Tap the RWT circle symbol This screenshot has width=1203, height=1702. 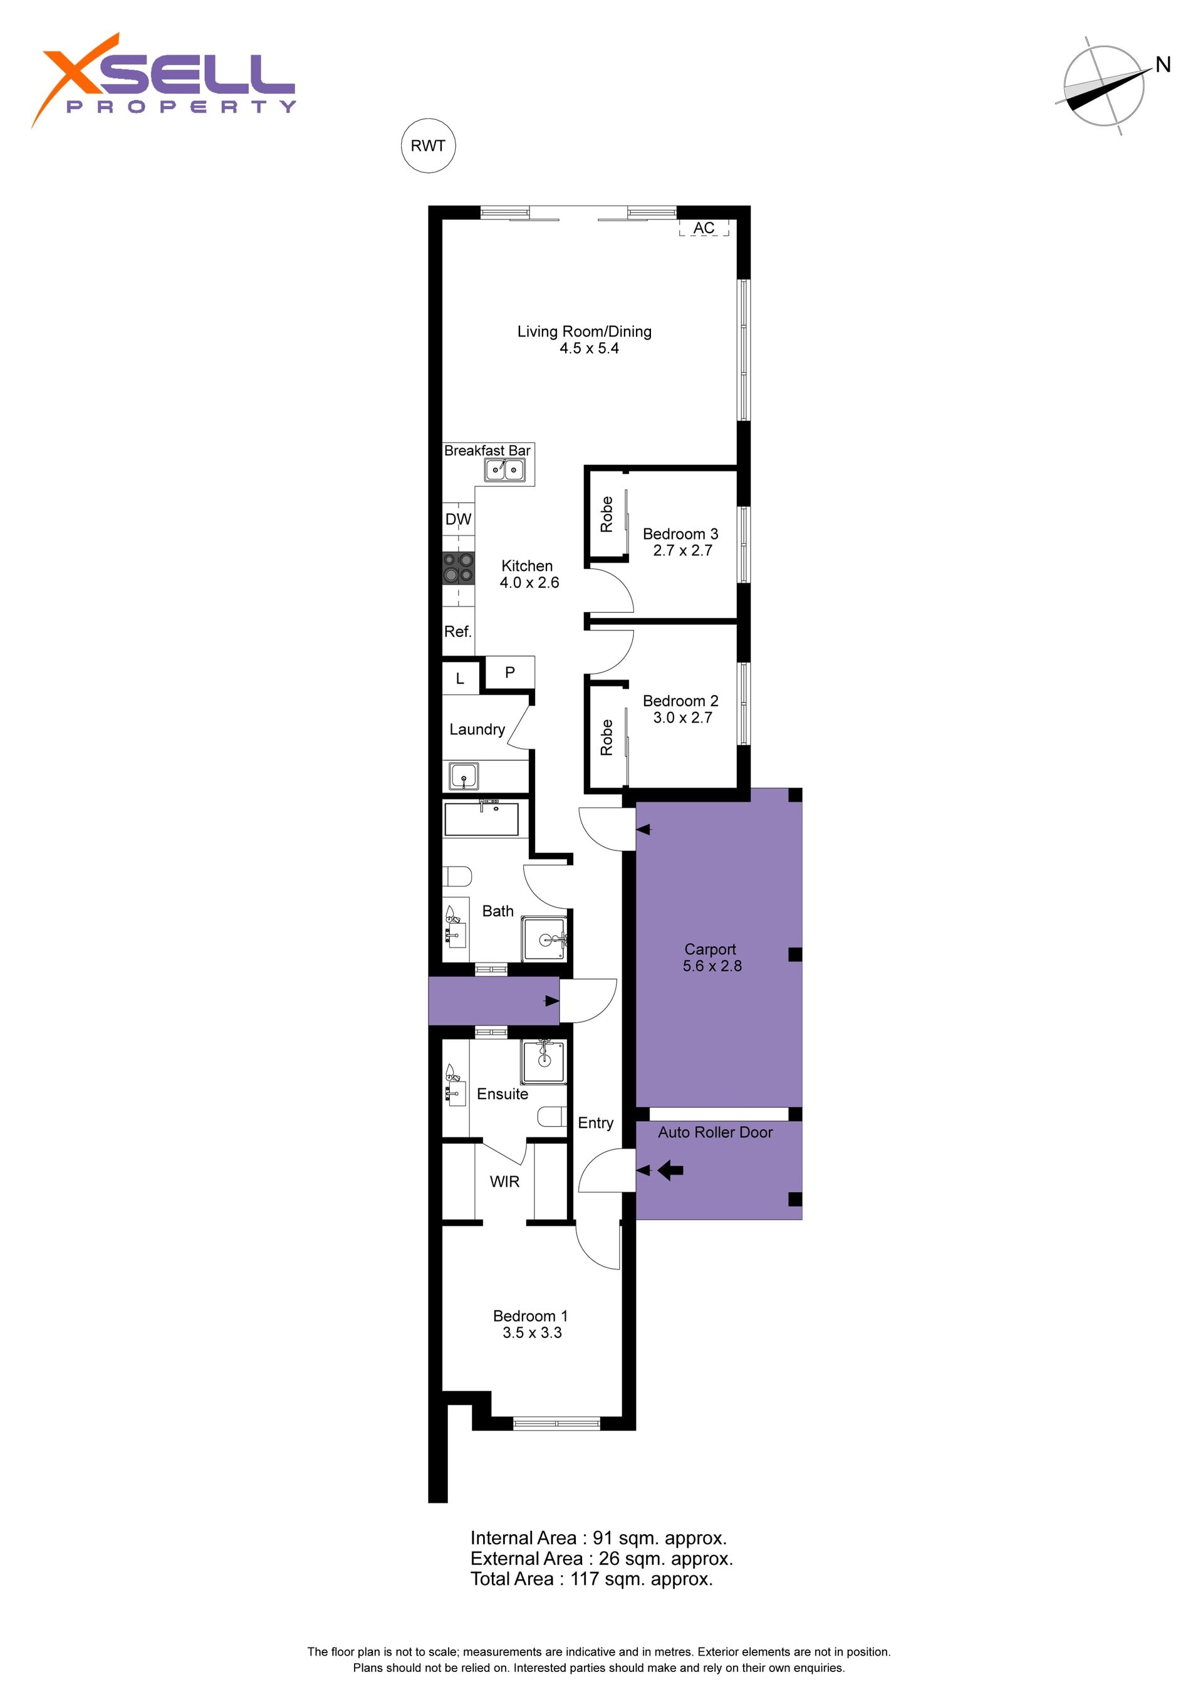pos(428,145)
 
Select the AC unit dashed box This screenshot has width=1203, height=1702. pos(704,227)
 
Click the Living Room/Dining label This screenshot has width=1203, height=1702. pos(584,340)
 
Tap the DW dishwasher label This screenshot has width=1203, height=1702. pos(458,519)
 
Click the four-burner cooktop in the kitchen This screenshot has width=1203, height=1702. pos(458,567)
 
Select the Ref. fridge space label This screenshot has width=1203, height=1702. pos(457,632)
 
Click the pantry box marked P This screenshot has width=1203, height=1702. pos(510,672)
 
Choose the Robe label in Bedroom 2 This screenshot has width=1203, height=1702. pos(607,737)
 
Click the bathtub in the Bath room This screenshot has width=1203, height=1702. pos(481,818)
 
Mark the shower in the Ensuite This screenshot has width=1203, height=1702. pos(543,1062)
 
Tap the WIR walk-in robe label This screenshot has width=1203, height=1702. pos(505,1182)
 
